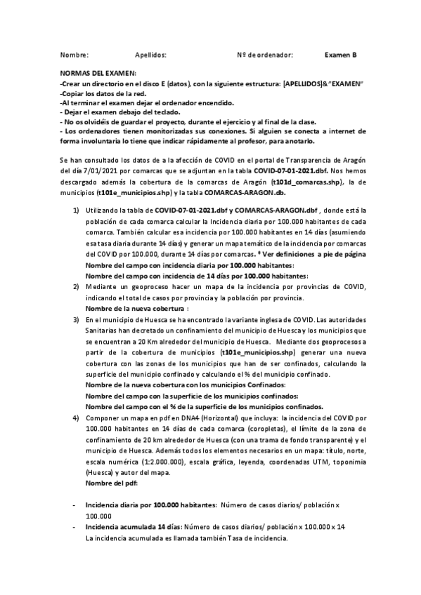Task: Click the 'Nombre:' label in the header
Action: point(74,54)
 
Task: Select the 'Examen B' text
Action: point(341,54)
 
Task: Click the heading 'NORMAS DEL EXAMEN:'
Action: point(98,74)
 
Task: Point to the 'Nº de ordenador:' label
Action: point(265,54)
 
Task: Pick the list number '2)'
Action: point(76,288)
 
